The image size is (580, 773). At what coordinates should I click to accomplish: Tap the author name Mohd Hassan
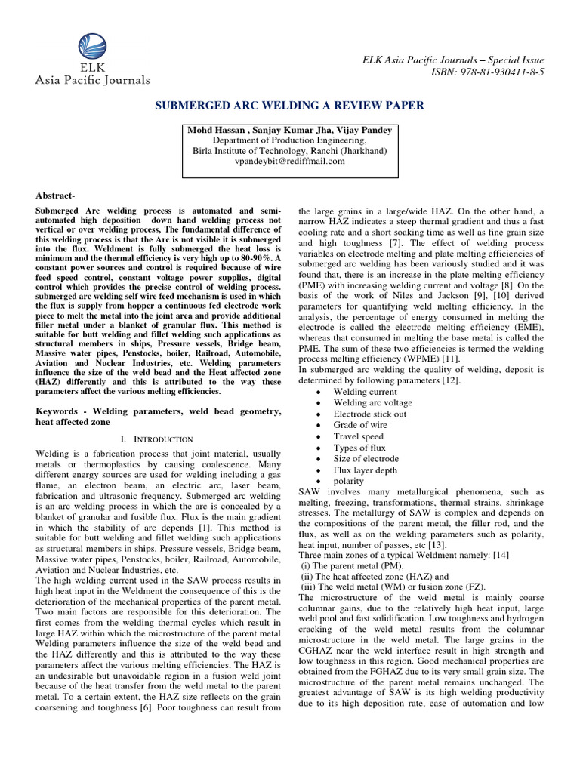pos(217,130)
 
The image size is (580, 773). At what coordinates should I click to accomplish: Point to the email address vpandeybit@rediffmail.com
pos(289,161)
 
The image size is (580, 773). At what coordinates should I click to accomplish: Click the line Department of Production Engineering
pos(289,140)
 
